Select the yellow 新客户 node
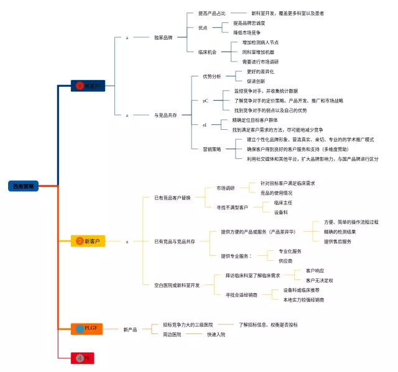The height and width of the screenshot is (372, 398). click(89, 241)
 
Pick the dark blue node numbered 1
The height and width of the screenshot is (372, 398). click(88, 86)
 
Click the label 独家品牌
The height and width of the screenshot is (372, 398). click(164, 38)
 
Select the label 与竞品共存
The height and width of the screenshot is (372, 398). click(165, 116)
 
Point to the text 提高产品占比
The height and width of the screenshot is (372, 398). click(211, 13)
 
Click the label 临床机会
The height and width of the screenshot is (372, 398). click(207, 52)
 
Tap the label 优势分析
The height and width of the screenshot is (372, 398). click(211, 76)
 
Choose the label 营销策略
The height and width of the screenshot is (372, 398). click(211, 149)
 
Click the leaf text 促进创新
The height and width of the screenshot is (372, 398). click(256, 81)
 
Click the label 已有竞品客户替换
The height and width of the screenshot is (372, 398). click(172, 197)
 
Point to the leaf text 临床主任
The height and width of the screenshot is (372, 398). click(283, 202)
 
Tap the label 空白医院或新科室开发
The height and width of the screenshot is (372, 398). click(177, 285)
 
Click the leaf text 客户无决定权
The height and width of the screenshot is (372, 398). click(319, 280)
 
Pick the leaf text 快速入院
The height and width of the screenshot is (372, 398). click(216, 334)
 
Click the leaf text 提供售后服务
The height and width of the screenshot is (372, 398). click(338, 242)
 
